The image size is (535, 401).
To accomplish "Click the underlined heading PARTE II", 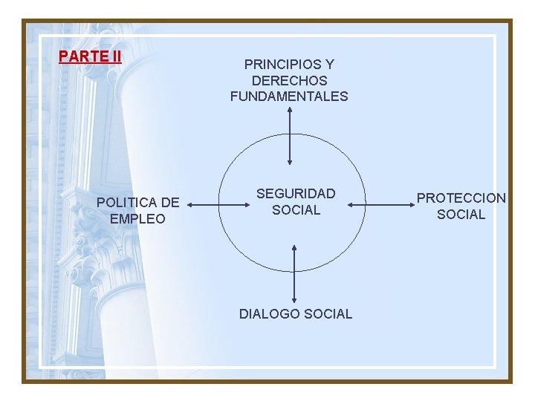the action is coord(90,56).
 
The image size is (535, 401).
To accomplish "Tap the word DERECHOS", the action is coord(289,80).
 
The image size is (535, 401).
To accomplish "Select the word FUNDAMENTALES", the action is coord(289,96).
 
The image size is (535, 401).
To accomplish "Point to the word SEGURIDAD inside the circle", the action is coord(296,194).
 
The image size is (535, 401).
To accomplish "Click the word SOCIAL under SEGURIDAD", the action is coord(296,209).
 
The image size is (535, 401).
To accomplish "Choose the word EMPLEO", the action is coord(137,218).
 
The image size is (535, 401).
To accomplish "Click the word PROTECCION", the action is coord(461,198).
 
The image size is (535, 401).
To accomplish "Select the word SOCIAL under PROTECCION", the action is coord(461,215).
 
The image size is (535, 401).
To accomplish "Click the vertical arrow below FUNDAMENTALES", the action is coord(289,136).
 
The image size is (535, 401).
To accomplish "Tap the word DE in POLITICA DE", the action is coord(170,202).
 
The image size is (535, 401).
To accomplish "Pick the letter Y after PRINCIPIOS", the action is coord(329,65).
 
